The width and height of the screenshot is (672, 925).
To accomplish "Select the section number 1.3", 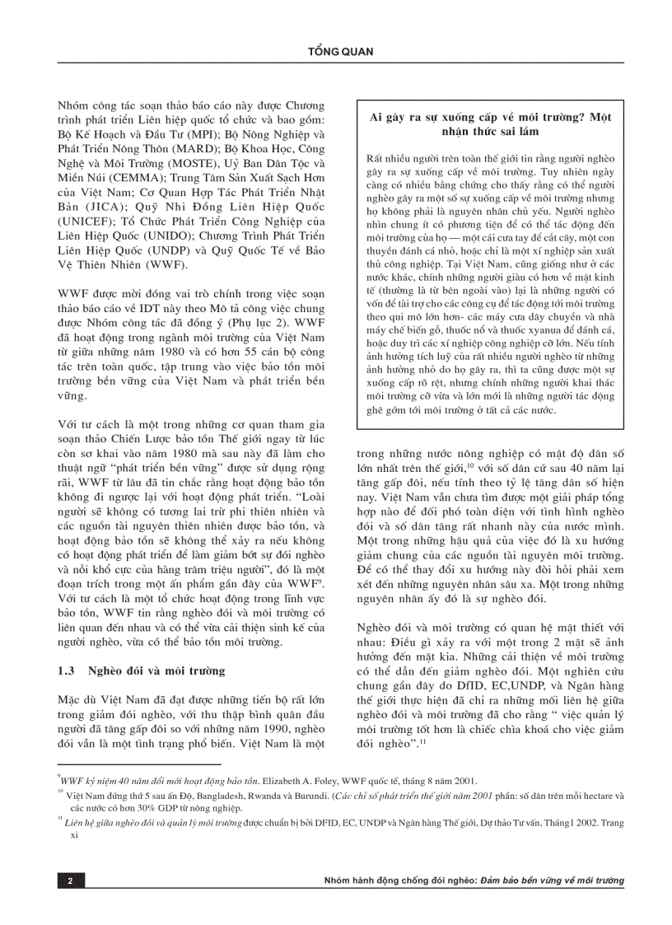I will pyautogui.click(x=68, y=671).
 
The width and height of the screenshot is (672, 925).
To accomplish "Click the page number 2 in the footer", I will pyautogui.click(x=71, y=881).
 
